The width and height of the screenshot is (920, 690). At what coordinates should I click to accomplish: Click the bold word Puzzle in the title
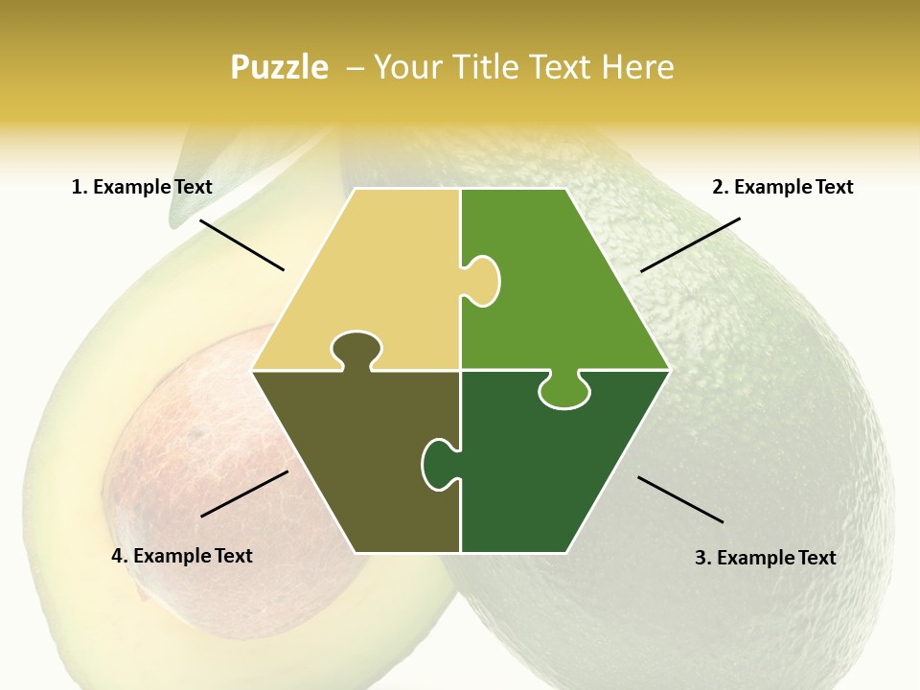coord(279,67)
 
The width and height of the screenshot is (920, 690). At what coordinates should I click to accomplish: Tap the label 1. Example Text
coord(142,187)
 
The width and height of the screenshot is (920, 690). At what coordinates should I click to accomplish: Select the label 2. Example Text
coord(782,187)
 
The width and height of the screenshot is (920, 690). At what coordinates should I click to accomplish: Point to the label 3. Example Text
coord(765,558)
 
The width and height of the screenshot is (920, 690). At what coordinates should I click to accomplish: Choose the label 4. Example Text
coord(182,556)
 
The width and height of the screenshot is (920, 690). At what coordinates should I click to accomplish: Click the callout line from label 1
coord(241,244)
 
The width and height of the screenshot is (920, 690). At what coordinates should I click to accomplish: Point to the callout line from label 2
coord(690,244)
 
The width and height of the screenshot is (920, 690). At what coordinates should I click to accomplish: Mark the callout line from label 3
coord(680,499)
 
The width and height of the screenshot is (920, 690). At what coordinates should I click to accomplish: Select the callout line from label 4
coord(244,494)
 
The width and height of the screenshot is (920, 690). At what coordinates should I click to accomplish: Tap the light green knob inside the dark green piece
coord(563,390)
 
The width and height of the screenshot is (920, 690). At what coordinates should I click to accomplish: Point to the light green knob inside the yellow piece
coord(482,280)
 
